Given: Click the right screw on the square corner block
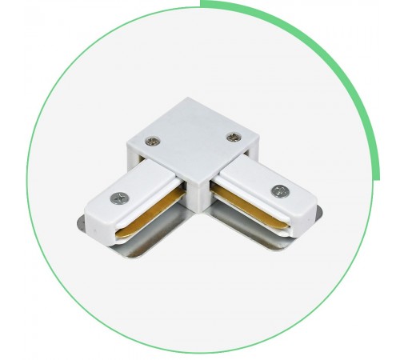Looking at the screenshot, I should click(x=233, y=137).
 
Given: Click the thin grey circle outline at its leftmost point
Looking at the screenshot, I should click(x=27, y=180).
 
